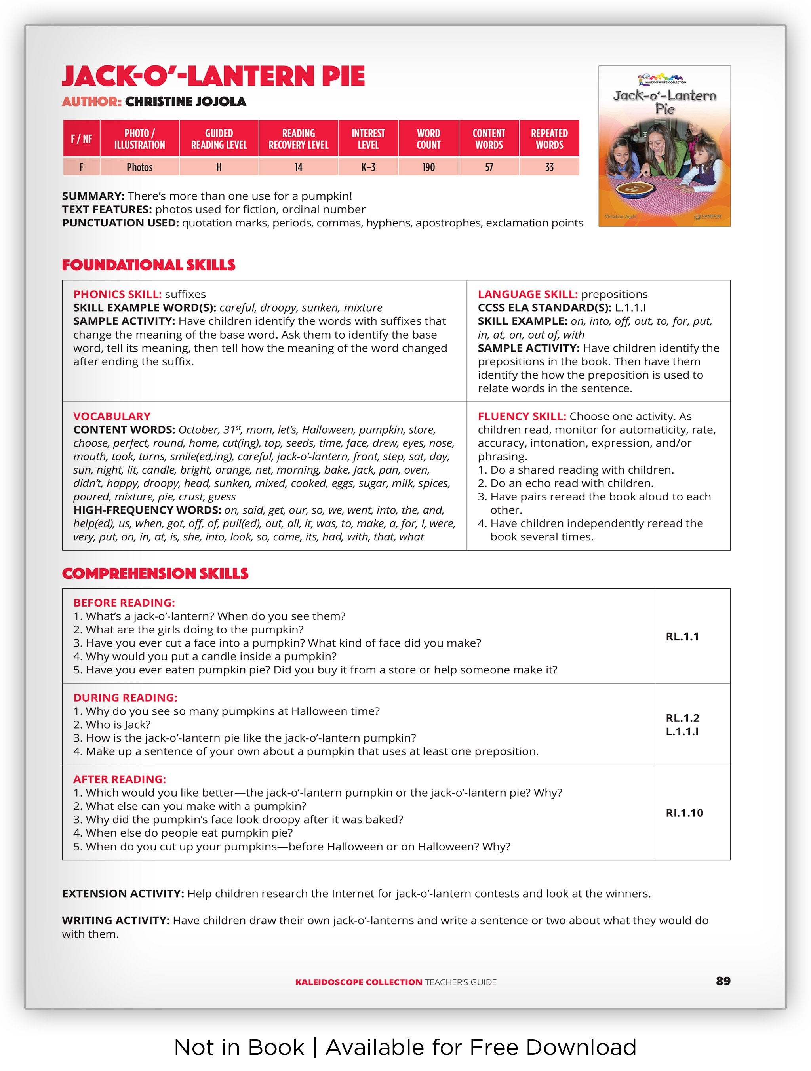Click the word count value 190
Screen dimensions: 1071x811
coord(428,167)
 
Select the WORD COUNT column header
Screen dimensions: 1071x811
coord(428,139)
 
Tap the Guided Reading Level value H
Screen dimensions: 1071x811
coord(219,167)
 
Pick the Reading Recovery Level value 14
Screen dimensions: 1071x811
coord(298,167)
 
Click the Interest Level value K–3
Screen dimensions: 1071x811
coord(368,167)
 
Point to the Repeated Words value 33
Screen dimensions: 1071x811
coord(549,167)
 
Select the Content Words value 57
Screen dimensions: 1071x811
coord(489,167)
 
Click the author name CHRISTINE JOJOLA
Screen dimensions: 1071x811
coord(185,102)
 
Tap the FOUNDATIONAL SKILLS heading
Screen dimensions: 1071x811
coord(148,265)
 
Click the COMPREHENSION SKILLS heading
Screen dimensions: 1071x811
coord(155,573)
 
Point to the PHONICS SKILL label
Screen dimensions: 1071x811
coord(117,295)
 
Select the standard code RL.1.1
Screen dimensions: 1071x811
coord(682,636)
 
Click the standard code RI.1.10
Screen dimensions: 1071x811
coord(684,813)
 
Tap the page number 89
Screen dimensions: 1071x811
coord(723,981)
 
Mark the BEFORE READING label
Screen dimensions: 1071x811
coord(124,603)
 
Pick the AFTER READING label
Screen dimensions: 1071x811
coord(120,779)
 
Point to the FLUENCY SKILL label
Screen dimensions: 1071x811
coord(522,417)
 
